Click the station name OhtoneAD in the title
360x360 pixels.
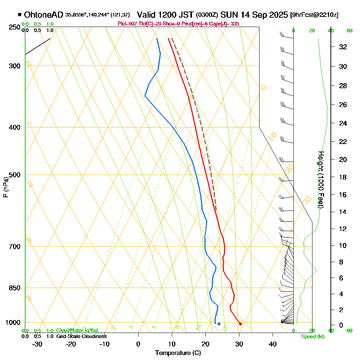(x=44, y=15)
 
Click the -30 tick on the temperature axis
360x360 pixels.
(x=37, y=344)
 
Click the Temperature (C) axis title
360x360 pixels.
(x=178, y=353)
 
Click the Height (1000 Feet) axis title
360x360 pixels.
(x=320, y=180)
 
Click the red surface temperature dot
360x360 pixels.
(x=240, y=324)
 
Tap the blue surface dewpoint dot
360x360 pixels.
(x=219, y=324)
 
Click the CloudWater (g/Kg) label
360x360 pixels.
(x=77, y=330)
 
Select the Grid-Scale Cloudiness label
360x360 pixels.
(x=81, y=336)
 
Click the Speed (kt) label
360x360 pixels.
(x=312, y=336)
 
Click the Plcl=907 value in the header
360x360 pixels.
(x=126, y=24)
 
